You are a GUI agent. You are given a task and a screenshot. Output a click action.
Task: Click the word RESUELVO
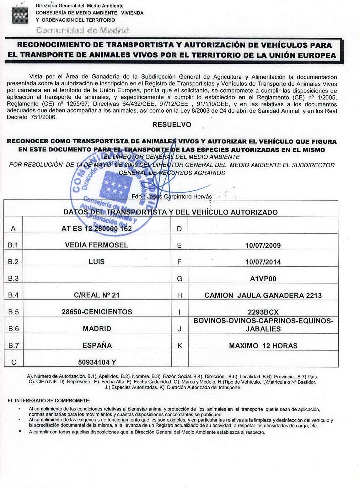172,125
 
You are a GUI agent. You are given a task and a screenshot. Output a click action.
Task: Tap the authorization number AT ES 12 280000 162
96,228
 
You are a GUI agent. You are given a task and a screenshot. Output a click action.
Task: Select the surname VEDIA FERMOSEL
96,245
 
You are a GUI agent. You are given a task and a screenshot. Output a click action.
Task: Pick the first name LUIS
96,262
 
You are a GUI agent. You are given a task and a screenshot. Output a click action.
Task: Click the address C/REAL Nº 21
96,295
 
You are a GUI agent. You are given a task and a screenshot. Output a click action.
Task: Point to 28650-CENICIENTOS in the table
97,312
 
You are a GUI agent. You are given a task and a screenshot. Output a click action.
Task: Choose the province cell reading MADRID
97,329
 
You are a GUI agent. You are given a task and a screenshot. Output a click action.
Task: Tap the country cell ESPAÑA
97,345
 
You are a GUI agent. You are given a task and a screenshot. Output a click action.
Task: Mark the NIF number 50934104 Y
97,362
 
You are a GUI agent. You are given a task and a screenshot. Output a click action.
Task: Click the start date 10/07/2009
263,245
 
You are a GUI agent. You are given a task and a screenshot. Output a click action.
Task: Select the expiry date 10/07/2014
263,262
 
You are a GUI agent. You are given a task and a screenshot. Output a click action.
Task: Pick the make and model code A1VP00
263,278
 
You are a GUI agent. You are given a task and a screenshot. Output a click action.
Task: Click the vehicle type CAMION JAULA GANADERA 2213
263,295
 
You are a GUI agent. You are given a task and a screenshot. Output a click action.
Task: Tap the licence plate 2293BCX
263,312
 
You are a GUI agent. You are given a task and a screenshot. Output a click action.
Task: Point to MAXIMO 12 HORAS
263,346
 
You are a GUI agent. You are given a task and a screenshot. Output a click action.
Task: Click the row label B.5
13,312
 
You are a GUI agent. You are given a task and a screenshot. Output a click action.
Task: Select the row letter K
180,346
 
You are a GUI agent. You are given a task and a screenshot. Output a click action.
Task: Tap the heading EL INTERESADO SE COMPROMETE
49,400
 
